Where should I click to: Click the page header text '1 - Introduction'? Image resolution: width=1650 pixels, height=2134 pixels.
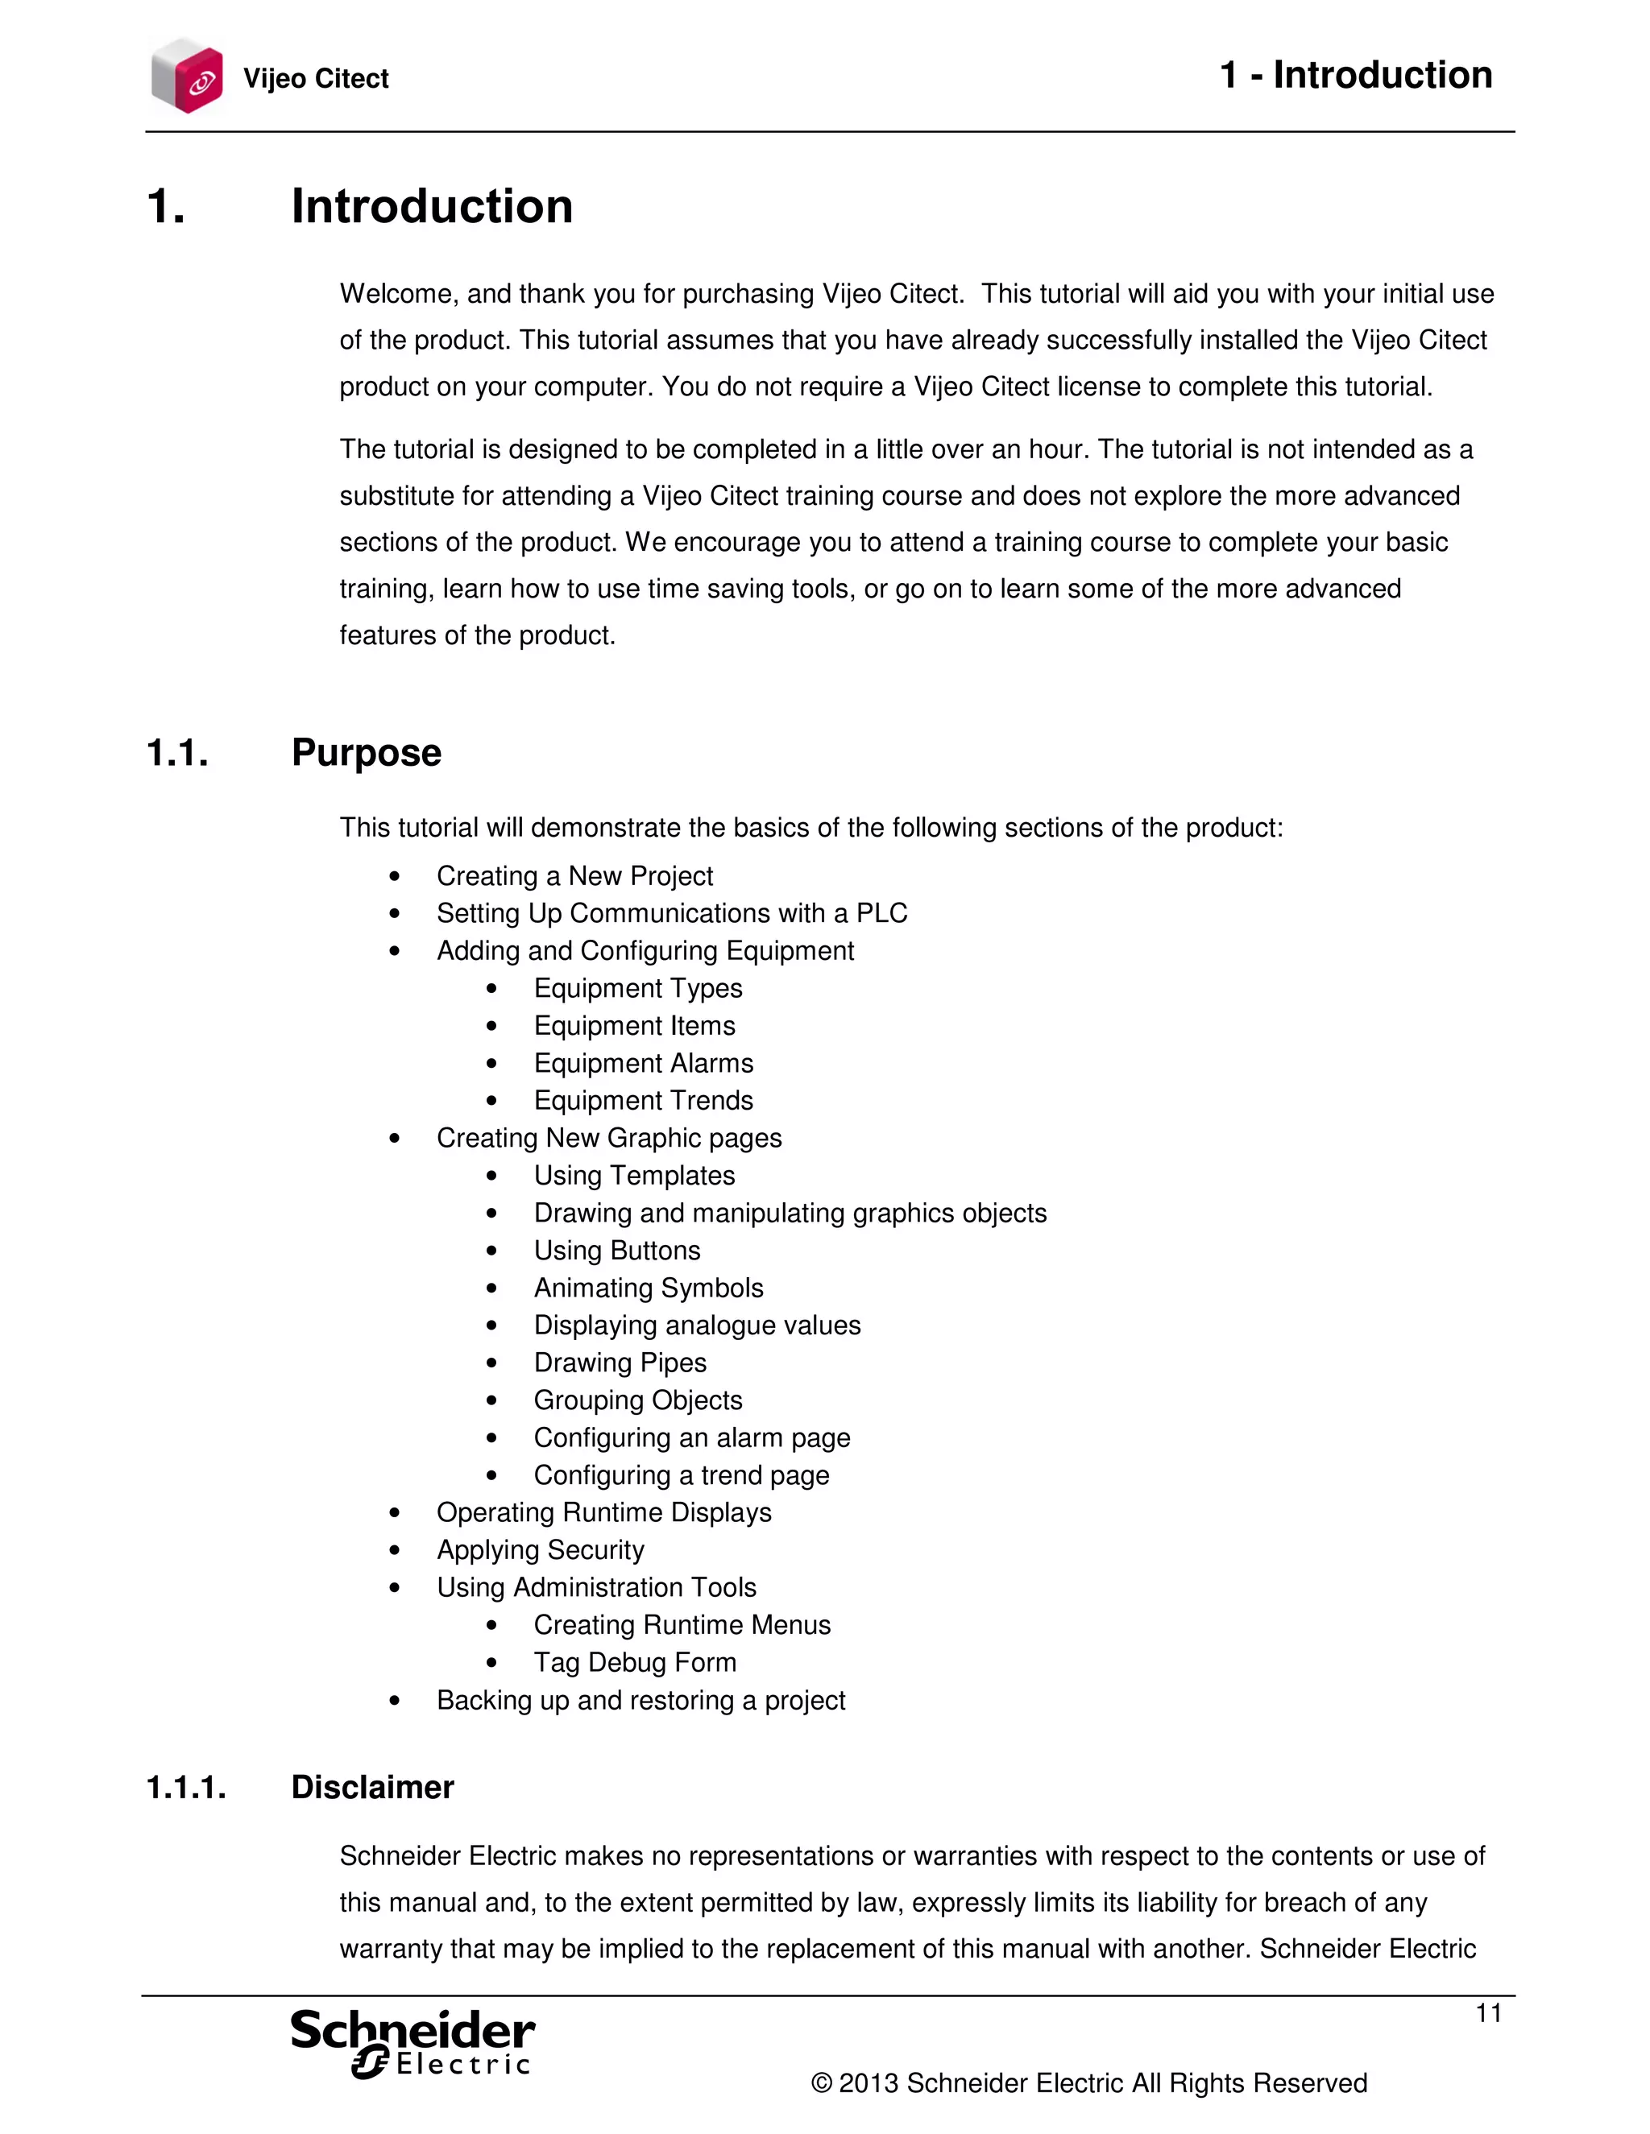click(x=1355, y=75)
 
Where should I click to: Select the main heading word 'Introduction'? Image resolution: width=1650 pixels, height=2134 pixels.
click(x=431, y=207)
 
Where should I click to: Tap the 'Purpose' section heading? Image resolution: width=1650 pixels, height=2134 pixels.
click(x=366, y=752)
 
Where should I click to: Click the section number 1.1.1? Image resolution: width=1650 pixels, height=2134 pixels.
click(x=186, y=1787)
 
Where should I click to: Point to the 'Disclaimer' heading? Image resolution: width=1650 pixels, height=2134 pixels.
click(x=372, y=1787)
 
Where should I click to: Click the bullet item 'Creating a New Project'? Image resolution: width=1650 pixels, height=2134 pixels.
click(x=574, y=875)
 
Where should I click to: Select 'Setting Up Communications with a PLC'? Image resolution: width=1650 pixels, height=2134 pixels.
click(x=672, y=912)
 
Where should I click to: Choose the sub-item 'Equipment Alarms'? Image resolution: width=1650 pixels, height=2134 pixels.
click(x=643, y=1063)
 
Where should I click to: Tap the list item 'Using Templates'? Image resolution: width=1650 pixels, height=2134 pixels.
click(x=633, y=1176)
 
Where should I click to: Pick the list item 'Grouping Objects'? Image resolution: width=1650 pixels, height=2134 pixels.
click(x=637, y=1400)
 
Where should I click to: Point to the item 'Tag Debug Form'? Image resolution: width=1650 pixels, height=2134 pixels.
click(x=634, y=1662)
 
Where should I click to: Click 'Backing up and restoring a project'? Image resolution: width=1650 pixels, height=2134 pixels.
click(x=641, y=1700)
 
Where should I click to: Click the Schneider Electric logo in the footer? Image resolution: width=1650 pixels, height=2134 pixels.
click(x=412, y=2042)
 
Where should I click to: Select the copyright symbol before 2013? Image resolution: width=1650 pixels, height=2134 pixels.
click(x=821, y=2083)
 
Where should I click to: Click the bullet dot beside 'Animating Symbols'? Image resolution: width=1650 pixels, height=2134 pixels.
click(x=491, y=1288)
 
